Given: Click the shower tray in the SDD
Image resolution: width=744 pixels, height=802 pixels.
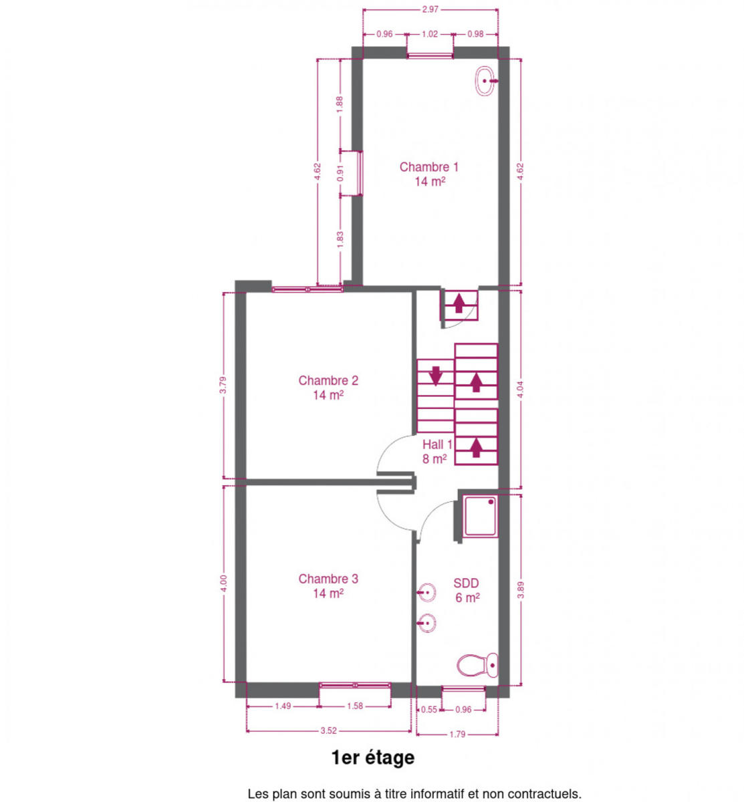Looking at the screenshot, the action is click(x=480, y=516).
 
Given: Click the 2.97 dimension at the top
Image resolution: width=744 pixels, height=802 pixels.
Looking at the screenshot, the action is click(x=430, y=9).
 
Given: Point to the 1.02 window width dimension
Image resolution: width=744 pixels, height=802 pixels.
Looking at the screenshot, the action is click(x=429, y=34).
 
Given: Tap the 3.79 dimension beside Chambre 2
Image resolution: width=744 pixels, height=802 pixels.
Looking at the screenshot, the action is click(x=223, y=385).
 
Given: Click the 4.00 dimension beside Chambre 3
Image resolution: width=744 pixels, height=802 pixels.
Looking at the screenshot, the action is click(x=224, y=583).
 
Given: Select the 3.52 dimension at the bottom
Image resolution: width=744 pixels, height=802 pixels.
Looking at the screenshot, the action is click(x=328, y=730).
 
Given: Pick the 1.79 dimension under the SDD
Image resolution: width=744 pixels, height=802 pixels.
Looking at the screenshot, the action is click(x=457, y=734).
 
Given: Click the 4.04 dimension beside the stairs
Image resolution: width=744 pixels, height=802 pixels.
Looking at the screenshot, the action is click(x=520, y=389).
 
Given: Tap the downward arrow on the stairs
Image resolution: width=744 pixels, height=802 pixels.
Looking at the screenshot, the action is click(x=435, y=376).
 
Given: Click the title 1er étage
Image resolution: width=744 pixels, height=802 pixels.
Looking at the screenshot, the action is click(x=372, y=757).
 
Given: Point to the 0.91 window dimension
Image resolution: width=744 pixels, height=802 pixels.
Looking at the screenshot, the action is click(x=340, y=173).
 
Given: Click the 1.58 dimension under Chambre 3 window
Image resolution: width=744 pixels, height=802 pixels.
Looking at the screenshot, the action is click(x=355, y=706).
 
